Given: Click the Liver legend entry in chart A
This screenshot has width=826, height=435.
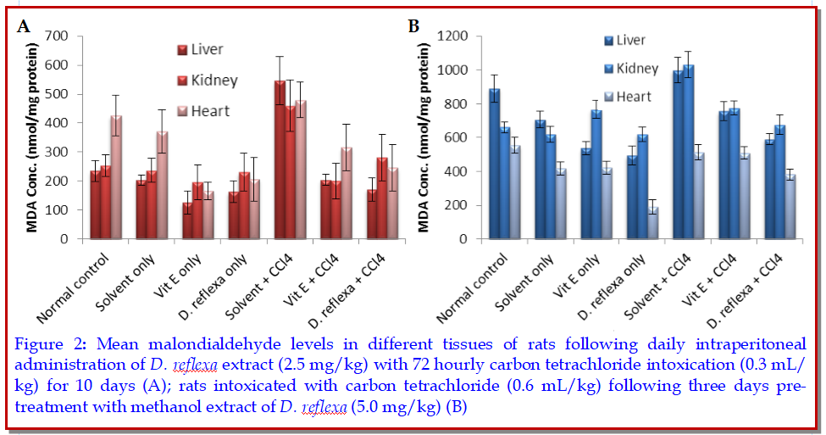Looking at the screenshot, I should tap(206, 49).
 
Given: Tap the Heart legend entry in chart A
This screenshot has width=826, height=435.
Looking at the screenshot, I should tap(209, 110).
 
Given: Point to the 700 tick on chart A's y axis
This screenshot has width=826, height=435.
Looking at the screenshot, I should tap(56, 36).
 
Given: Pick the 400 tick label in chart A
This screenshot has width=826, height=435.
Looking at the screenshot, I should tap(56, 123).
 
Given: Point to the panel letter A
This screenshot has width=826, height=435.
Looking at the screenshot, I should tap(25, 26).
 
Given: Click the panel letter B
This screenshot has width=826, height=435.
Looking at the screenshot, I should tap(414, 26).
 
